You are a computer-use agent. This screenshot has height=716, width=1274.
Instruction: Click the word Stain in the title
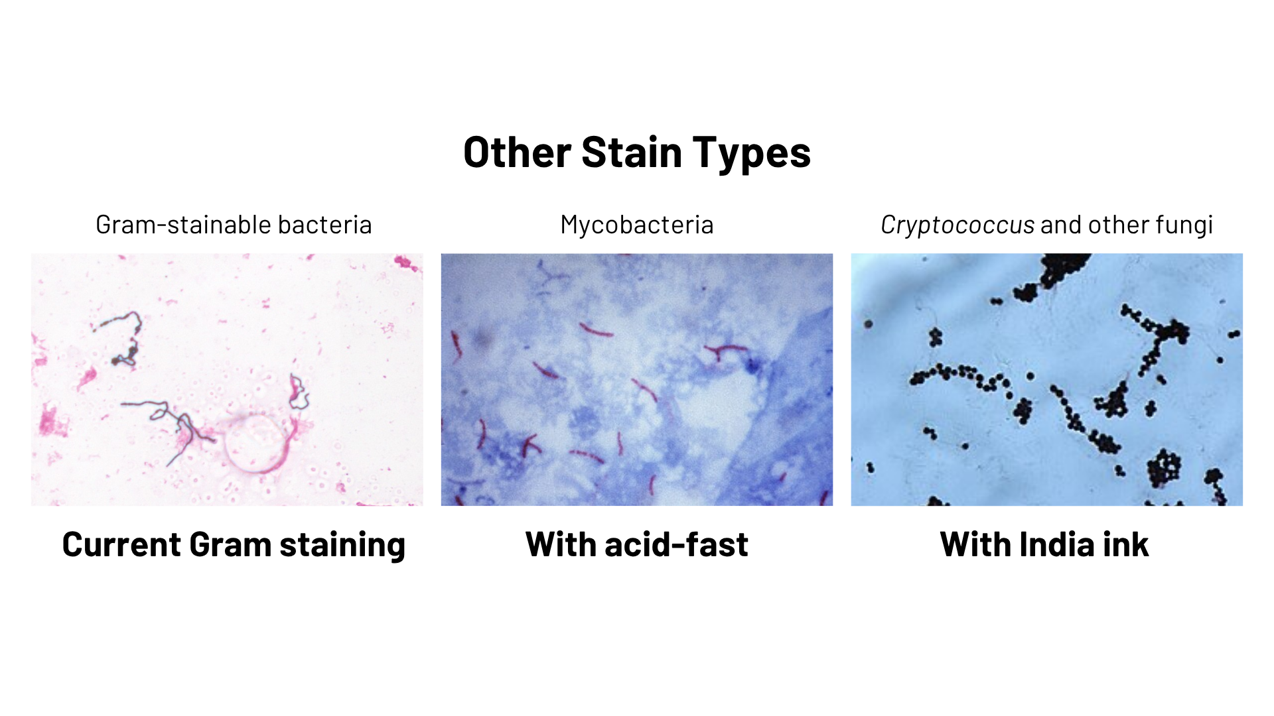pos(631,152)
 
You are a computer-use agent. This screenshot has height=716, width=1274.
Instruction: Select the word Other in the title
pos(517,152)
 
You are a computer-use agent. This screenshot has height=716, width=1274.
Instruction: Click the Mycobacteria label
pos(637,225)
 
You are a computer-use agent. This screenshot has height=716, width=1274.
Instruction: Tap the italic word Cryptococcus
pos(957,225)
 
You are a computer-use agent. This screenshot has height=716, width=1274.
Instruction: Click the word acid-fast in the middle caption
pos(676,544)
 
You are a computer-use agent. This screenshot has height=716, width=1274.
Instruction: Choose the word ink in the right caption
pos(1126,544)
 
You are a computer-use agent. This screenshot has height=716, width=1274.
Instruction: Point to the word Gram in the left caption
pos(230,544)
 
